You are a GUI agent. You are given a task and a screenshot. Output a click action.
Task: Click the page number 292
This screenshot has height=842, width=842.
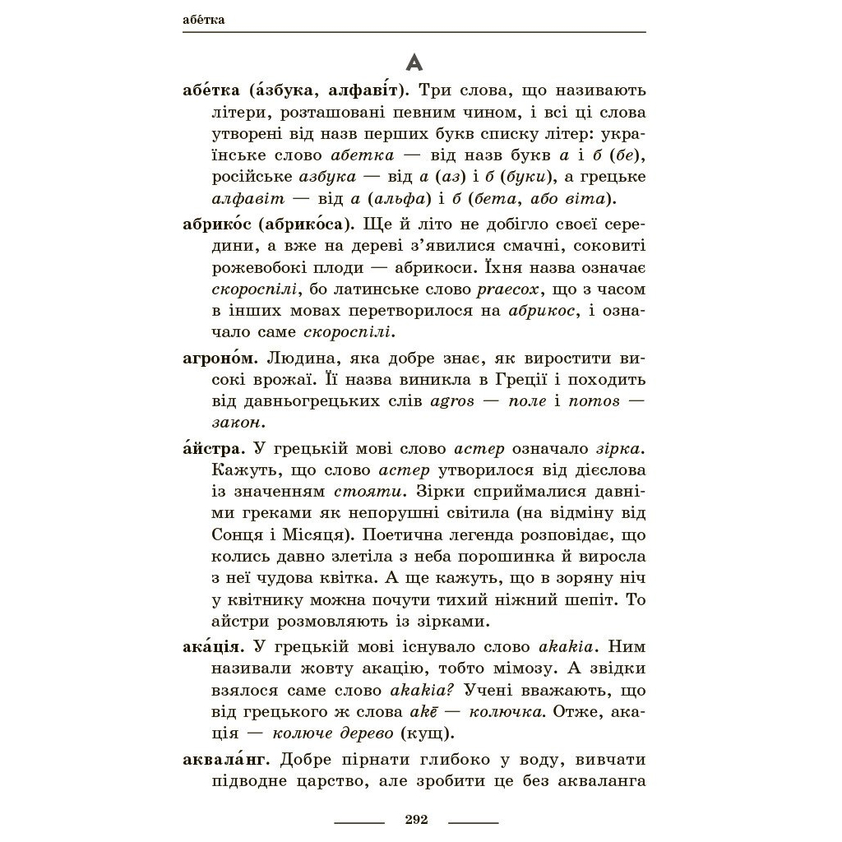click(417, 820)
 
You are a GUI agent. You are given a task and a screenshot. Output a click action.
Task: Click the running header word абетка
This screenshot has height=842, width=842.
click(204, 20)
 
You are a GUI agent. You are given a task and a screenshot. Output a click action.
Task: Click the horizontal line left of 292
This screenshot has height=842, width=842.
click(359, 821)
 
